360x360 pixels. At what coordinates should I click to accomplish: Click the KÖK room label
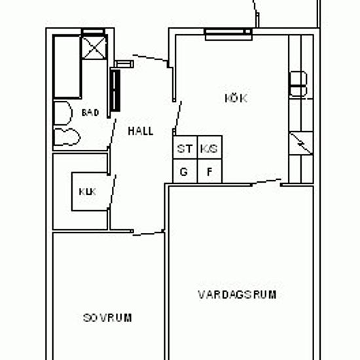tap(236, 98)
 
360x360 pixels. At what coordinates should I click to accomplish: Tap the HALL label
tap(141, 132)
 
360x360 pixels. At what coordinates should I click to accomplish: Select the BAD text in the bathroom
tap(90, 113)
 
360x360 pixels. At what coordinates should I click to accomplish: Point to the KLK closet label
tap(88, 192)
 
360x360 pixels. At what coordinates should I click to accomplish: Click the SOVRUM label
tap(107, 318)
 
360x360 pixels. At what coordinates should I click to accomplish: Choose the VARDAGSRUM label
tap(237, 295)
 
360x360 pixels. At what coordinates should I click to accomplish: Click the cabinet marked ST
tap(185, 147)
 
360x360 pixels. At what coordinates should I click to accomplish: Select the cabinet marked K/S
tap(209, 147)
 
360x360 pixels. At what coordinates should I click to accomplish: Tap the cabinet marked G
tap(185, 171)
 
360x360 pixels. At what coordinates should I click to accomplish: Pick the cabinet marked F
tap(209, 171)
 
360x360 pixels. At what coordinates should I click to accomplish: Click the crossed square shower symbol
tap(94, 48)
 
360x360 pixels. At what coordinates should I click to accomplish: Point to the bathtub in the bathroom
tap(67, 67)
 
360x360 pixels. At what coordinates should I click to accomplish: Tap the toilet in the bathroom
tap(62, 113)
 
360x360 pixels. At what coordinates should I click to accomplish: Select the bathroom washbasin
tap(67, 137)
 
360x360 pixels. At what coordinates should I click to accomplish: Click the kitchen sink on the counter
tap(298, 84)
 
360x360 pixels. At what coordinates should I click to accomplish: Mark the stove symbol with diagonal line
tap(301, 143)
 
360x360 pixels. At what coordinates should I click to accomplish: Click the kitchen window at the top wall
tap(228, 35)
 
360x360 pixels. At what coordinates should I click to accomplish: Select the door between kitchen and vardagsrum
tap(266, 181)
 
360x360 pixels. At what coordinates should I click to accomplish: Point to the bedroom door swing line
tap(148, 234)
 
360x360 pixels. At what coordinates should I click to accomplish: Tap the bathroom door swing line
tap(113, 133)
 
